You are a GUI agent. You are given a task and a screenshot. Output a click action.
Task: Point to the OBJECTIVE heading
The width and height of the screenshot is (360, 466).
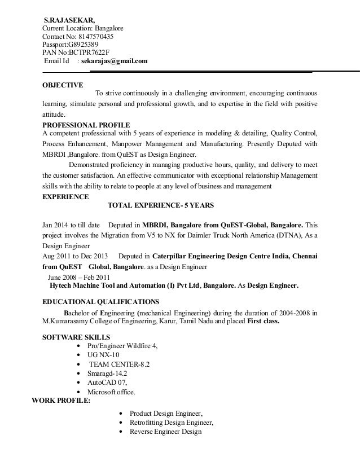coord(63,85)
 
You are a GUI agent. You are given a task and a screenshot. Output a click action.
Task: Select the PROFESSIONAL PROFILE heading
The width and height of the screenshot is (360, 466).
coord(86,125)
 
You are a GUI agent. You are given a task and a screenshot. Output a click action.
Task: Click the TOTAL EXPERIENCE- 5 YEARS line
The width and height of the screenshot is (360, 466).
coord(160,205)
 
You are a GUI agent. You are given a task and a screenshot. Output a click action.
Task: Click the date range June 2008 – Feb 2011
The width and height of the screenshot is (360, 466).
coord(80,278)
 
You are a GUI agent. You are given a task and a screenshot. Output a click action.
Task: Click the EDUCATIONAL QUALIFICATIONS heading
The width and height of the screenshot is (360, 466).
coord(101,301)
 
